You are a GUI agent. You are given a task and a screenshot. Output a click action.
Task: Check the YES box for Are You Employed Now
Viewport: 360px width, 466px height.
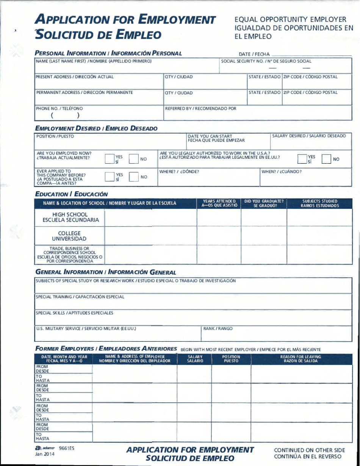(x=110, y=159)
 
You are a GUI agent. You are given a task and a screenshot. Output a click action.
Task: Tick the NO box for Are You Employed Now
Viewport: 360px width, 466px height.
(x=133, y=159)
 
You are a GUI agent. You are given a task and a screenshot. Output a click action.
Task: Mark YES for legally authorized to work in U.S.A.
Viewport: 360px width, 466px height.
(x=302, y=159)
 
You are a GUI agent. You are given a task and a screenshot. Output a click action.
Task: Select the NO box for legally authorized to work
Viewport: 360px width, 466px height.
(x=326, y=159)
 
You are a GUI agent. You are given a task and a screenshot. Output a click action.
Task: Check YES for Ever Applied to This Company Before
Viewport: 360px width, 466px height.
(x=110, y=177)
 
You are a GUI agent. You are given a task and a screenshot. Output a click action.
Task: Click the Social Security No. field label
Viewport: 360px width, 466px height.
(x=266, y=61)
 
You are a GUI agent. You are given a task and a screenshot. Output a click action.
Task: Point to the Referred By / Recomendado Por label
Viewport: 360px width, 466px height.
(x=200, y=109)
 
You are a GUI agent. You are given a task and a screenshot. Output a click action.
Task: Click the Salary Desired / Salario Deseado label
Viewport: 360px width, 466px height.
(x=309, y=136)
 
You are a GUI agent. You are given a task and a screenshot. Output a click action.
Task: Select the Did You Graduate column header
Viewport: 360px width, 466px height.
(x=264, y=203)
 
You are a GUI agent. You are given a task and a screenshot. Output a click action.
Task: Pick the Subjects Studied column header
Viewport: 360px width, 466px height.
(x=320, y=203)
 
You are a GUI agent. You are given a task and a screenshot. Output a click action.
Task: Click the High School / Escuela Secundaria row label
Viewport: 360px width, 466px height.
(x=70, y=217)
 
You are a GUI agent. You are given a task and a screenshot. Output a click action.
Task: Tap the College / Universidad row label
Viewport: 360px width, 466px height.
(x=69, y=236)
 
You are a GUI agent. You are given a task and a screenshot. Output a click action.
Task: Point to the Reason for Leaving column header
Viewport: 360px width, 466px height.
(x=301, y=359)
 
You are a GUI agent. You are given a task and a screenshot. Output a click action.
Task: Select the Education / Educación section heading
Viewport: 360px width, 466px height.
(x=71, y=194)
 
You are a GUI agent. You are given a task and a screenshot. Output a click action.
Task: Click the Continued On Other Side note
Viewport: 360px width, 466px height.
(x=310, y=450)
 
